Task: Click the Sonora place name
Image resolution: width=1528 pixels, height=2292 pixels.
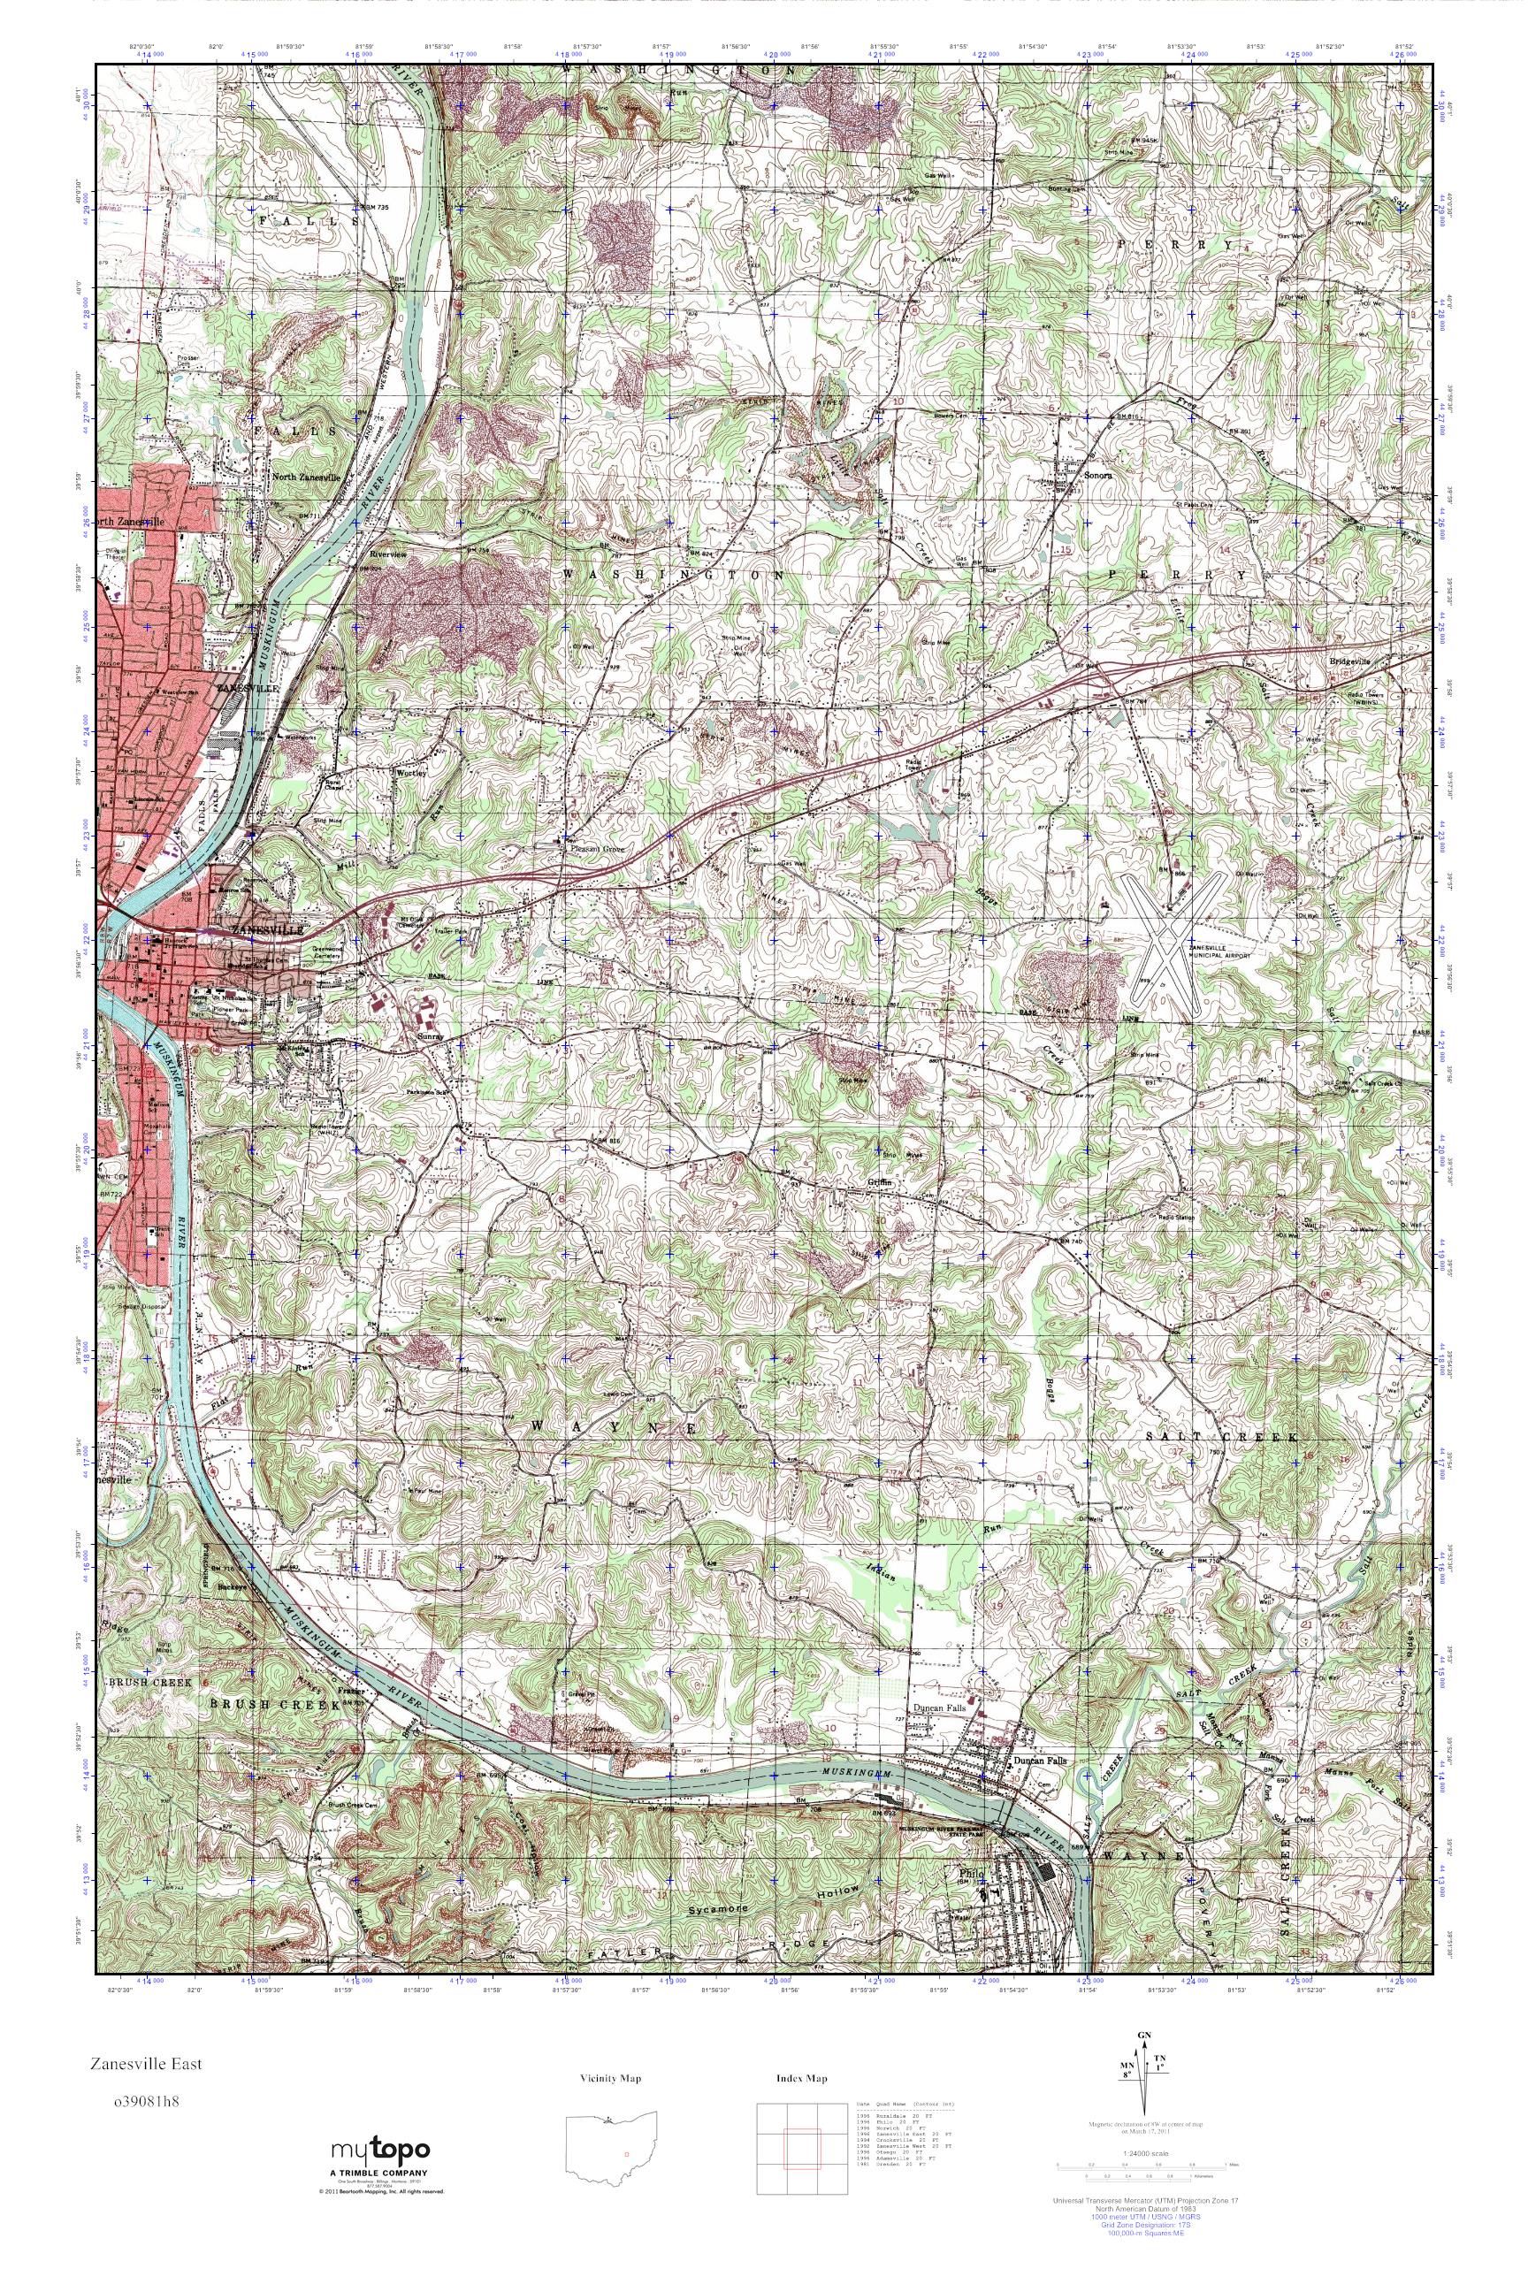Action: tap(1098, 476)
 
